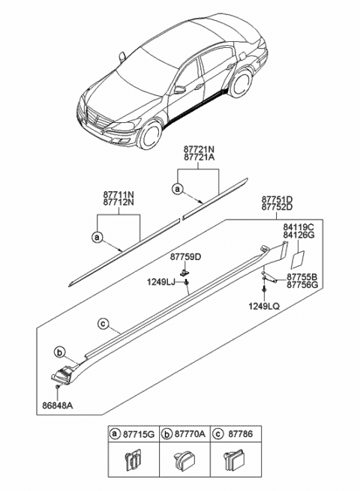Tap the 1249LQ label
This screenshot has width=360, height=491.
[264, 306]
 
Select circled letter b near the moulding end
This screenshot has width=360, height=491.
[58, 352]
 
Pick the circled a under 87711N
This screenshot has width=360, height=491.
[97, 237]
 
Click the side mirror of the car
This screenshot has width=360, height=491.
[180, 89]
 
